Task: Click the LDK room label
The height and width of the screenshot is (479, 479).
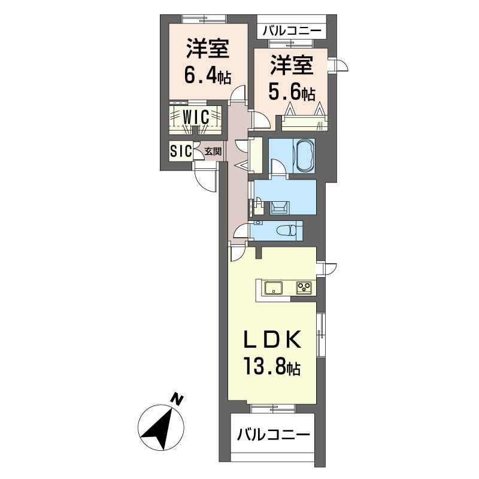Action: (271, 339)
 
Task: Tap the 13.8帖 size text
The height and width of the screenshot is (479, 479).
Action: (271, 366)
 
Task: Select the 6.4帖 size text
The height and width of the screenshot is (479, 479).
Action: (207, 76)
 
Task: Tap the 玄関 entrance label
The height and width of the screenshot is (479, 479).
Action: (213, 151)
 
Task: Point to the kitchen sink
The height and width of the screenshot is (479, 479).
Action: (274, 288)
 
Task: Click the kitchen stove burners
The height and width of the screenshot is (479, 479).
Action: (304, 288)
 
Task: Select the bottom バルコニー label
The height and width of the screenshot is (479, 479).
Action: (272, 435)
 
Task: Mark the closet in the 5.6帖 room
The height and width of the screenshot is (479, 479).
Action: (304, 123)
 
